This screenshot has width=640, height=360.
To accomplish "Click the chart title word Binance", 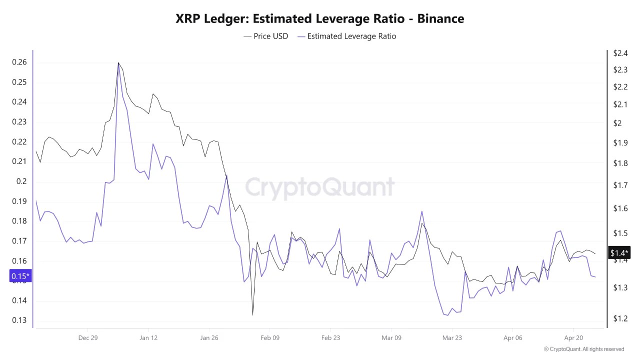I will click(440, 18).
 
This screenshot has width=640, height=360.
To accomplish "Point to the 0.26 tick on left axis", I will click(19, 62).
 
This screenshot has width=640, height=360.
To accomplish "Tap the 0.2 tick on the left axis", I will click(21, 181).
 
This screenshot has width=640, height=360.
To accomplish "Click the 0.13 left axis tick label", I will click(19, 320).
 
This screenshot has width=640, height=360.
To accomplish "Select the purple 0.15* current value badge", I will click(20, 276).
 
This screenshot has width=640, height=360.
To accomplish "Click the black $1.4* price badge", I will click(619, 253).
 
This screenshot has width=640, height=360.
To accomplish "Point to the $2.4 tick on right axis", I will click(620, 53).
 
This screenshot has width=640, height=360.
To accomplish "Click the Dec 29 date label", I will click(87, 338).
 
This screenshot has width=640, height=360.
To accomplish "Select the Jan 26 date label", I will click(209, 338).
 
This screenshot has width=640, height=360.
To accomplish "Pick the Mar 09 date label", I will click(391, 338).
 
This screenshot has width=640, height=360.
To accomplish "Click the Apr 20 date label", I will click(573, 338).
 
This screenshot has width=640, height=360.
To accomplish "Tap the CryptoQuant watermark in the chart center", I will click(319, 188).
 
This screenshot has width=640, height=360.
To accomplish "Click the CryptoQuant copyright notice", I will click(584, 349).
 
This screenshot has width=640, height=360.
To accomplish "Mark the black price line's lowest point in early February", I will click(252, 315).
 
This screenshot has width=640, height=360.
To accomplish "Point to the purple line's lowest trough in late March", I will click(447, 315).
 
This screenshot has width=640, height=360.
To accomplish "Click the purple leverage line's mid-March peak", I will click(422, 211).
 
